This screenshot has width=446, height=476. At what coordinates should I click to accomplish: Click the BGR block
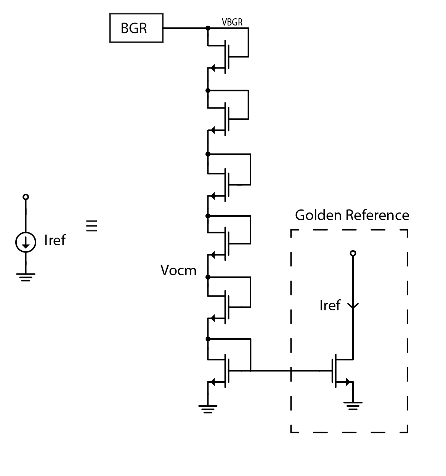click(x=136, y=28)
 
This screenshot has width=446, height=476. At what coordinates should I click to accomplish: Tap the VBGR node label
click(x=232, y=22)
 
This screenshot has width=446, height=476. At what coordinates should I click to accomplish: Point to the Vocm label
click(x=178, y=270)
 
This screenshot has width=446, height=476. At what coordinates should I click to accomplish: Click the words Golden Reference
click(x=352, y=215)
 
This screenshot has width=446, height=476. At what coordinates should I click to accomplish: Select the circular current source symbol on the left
click(x=26, y=242)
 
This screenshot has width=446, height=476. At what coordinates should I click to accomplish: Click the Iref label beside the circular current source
click(x=55, y=240)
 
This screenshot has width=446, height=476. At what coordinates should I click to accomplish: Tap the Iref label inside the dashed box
click(x=330, y=305)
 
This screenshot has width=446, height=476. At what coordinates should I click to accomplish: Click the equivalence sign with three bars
click(x=91, y=226)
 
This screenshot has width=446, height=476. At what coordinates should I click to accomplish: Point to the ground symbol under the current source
click(x=26, y=277)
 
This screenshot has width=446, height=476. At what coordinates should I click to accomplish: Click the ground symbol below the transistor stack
click(x=208, y=409)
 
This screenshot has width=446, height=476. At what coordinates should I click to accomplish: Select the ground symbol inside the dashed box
click(x=353, y=406)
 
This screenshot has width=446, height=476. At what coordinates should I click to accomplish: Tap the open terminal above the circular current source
click(x=26, y=197)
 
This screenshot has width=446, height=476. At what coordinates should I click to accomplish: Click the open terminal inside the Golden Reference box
click(x=353, y=253)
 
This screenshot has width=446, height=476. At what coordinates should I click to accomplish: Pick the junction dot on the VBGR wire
click(x=208, y=28)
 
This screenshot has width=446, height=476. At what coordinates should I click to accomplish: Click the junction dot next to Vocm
click(x=208, y=277)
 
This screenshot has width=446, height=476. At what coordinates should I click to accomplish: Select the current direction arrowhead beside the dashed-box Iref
click(x=353, y=306)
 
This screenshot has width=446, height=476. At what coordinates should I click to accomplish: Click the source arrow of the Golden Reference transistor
click(x=348, y=382)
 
